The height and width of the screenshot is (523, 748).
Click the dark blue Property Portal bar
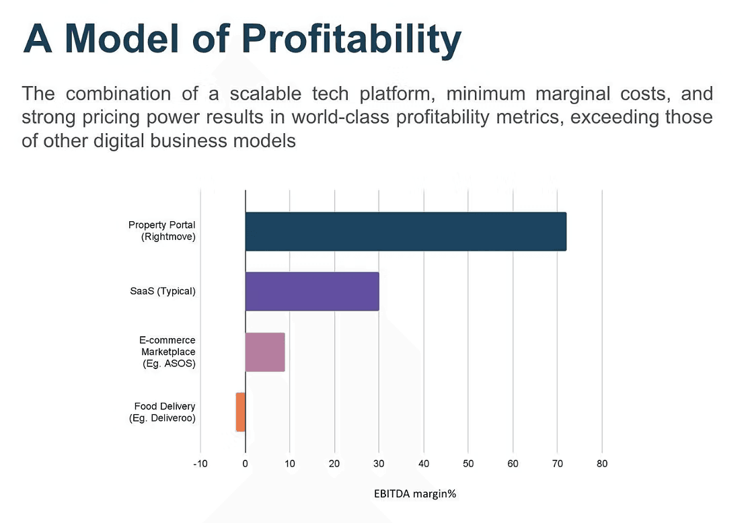[x=406, y=231]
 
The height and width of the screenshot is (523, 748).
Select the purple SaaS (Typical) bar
[x=312, y=292]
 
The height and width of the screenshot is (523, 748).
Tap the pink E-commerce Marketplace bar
[x=265, y=352]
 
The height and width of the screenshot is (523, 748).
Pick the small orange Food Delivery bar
[x=241, y=412]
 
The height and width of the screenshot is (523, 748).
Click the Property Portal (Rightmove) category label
[x=162, y=231]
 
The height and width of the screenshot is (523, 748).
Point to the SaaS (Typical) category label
[x=163, y=292]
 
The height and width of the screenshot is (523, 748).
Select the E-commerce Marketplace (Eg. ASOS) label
[x=168, y=352]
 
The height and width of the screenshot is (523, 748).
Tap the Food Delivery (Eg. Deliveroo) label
[x=162, y=412]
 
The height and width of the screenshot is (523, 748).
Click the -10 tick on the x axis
[x=200, y=464]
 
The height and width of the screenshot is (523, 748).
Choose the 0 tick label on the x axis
[x=246, y=464]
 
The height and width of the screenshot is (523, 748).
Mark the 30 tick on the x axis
[x=379, y=464]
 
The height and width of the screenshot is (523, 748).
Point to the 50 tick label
[x=468, y=464]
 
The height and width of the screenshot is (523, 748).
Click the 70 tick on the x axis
[x=557, y=464]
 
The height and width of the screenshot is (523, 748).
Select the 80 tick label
[x=601, y=464]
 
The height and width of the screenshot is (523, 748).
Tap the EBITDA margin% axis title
[x=415, y=493]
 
